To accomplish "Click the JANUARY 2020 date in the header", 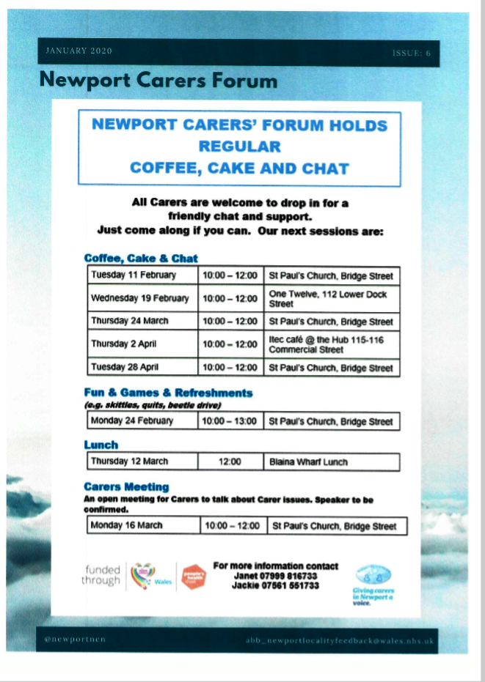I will point(79,51).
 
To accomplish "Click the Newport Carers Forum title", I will point(158,79).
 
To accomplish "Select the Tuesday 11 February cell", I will point(142,275).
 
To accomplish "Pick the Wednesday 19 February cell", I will point(142,298).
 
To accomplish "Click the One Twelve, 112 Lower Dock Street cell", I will point(333,298).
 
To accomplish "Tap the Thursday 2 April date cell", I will point(142,344).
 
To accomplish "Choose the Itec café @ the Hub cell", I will point(333,344).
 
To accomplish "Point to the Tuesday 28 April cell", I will point(142,367).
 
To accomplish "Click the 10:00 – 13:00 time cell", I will point(230,421).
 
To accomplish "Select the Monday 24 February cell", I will point(142,421).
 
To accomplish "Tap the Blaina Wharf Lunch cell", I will point(333,462).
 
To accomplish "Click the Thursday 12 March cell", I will point(142,462).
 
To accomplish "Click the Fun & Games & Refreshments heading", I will point(168,393).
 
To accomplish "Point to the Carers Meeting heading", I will point(126,486).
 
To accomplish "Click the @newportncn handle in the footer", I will point(76,640).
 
